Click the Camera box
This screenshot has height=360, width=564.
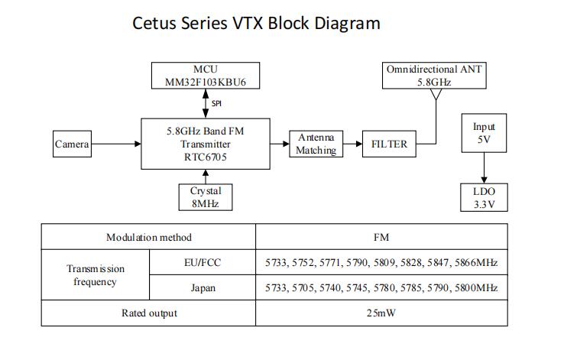pyautogui.click(x=72, y=144)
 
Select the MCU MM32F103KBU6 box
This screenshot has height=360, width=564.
pyautogui.click(x=205, y=75)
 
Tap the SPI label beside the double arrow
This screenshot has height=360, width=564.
pyautogui.click(x=216, y=103)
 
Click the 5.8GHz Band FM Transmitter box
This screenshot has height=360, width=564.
pyautogui.click(x=205, y=143)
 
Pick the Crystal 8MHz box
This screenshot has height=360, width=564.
pyautogui.click(x=204, y=197)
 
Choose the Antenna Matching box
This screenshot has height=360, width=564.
pyautogui.click(x=316, y=144)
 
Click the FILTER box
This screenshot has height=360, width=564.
pyautogui.click(x=389, y=144)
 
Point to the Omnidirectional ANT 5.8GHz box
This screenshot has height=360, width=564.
pyautogui.click(x=435, y=75)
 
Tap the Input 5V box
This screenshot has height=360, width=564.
pyautogui.click(x=484, y=133)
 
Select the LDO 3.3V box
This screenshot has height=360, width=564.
pyautogui.click(x=484, y=197)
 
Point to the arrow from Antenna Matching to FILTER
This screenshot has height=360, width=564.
pyautogui.click(x=352, y=144)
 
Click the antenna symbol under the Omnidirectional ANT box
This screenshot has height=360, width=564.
pyautogui.click(x=435, y=96)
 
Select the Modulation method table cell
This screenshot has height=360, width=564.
pyautogui.click(x=148, y=238)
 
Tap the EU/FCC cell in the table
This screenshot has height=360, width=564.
pyautogui.click(x=202, y=263)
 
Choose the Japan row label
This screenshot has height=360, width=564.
pyautogui.click(x=202, y=288)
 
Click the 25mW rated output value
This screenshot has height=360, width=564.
pyautogui.click(x=381, y=313)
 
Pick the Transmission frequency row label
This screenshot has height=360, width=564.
pyautogui.click(x=95, y=275)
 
